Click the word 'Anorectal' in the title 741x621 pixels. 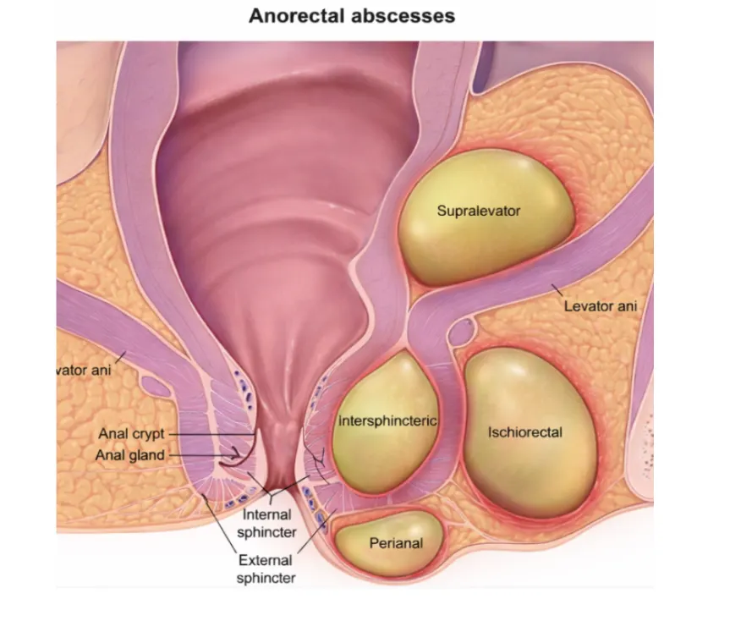click(x=296, y=15)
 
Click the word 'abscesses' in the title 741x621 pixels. click(x=403, y=15)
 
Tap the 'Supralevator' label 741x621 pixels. click(x=478, y=211)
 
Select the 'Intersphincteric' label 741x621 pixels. click(x=387, y=420)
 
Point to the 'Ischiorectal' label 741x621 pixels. click(x=525, y=432)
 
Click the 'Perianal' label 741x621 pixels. click(x=396, y=543)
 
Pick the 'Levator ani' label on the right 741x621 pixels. click(x=601, y=306)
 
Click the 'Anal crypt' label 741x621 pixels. click(x=131, y=434)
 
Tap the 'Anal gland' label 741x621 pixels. click(x=130, y=455)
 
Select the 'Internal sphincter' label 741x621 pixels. click(x=267, y=523)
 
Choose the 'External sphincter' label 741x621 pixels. click(x=266, y=569)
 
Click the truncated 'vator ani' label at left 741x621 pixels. click(x=84, y=370)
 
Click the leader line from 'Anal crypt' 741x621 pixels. click(x=213, y=434)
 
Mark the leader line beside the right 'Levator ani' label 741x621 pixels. click(x=557, y=290)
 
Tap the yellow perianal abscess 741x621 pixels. click(x=388, y=543)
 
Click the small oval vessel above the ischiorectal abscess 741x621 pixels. click(x=461, y=331)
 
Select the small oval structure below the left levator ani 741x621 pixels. click(x=155, y=387)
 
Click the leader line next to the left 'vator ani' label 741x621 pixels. click(x=120, y=357)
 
